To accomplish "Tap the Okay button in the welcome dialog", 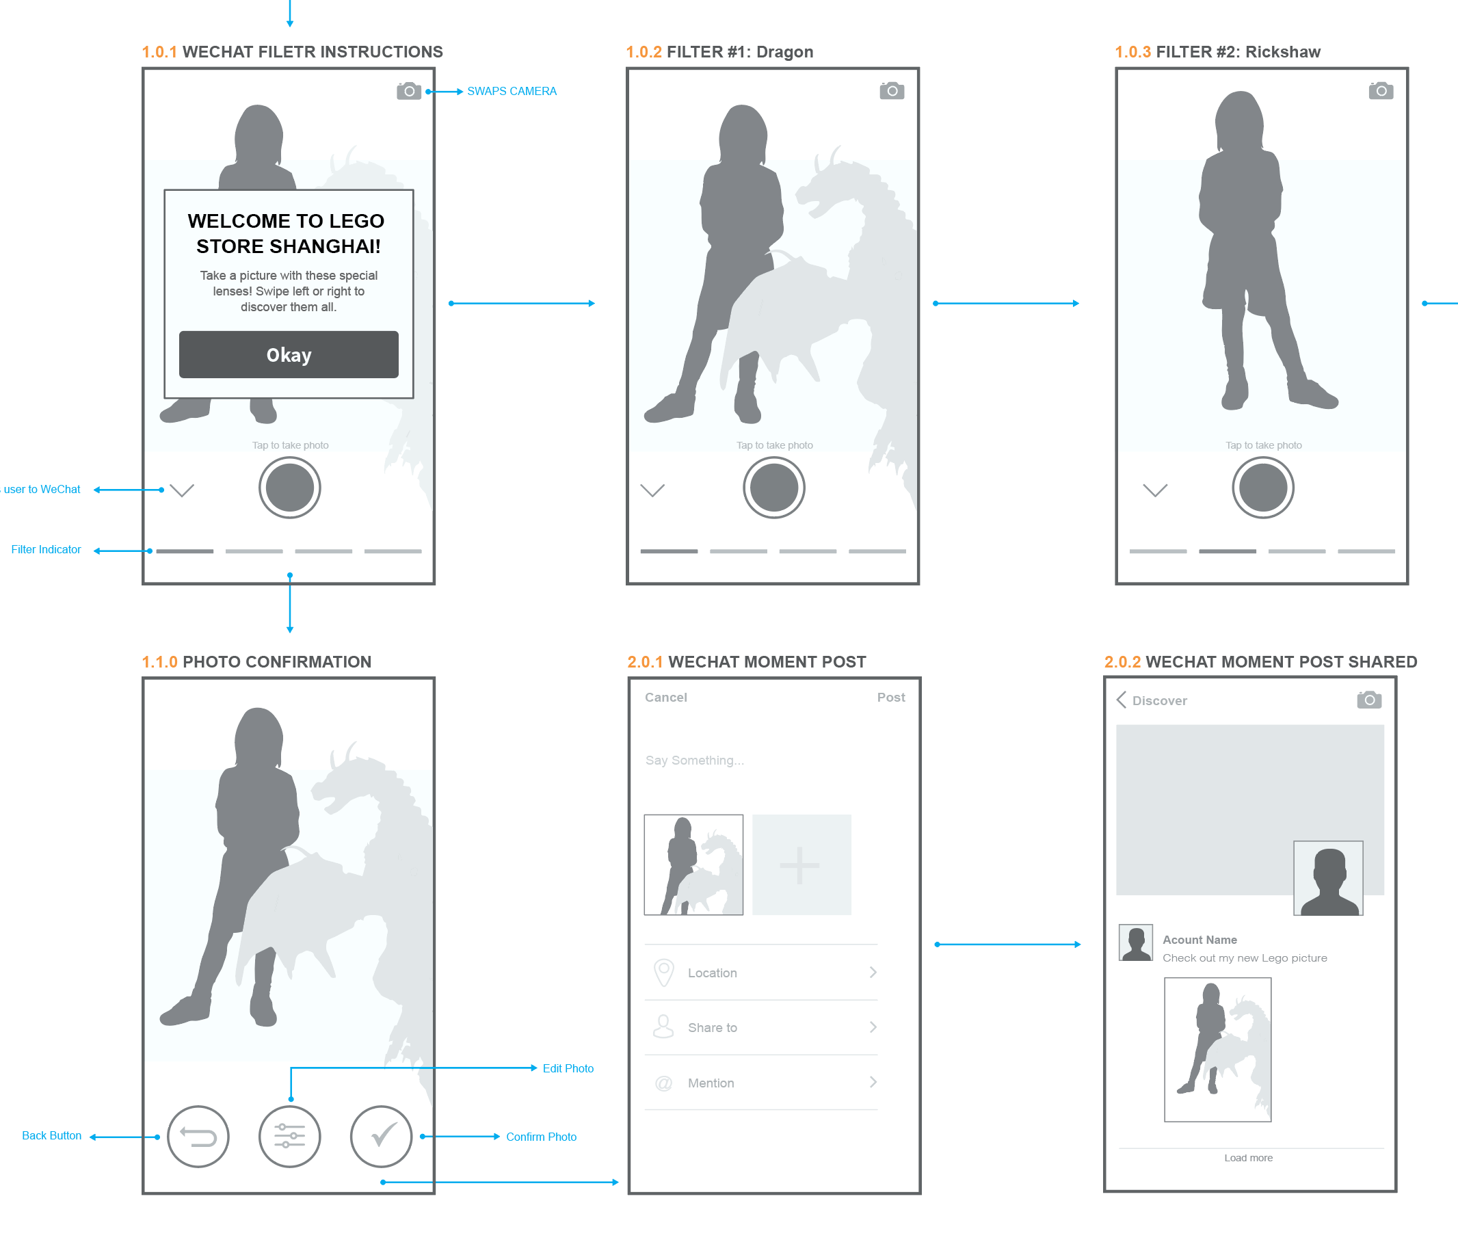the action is click(x=289, y=355).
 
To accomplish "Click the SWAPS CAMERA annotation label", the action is click(x=512, y=92).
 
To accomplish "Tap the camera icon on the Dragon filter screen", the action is click(x=892, y=91).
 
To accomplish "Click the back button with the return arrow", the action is click(x=198, y=1137).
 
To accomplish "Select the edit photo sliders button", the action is click(x=289, y=1137).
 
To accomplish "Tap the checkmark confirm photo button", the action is click(x=381, y=1137).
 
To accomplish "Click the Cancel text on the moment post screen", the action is click(x=665, y=698).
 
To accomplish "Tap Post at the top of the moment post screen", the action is click(x=891, y=698).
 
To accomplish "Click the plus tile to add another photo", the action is click(x=801, y=865).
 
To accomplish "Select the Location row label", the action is click(x=712, y=973).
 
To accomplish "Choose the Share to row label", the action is click(x=712, y=1028).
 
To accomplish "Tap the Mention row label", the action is click(x=711, y=1083).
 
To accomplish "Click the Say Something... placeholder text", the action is click(x=695, y=761).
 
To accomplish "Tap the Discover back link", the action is click(x=1152, y=700).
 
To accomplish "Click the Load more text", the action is click(x=1248, y=1158).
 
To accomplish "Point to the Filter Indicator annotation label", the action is click(x=46, y=550).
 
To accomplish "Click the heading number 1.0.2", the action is click(x=644, y=52).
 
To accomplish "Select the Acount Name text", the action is click(x=1199, y=940).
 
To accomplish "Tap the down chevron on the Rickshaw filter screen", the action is click(x=1155, y=490).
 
